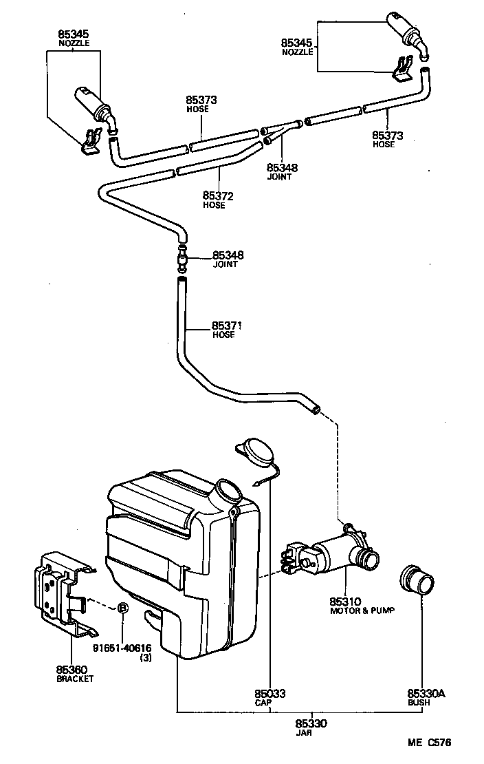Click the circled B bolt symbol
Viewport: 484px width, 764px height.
point(123,608)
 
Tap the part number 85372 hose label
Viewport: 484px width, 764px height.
point(218,195)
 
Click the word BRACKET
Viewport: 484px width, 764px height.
point(74,679)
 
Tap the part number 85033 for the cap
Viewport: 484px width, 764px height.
point(270,693)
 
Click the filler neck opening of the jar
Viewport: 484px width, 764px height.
point(228,491)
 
